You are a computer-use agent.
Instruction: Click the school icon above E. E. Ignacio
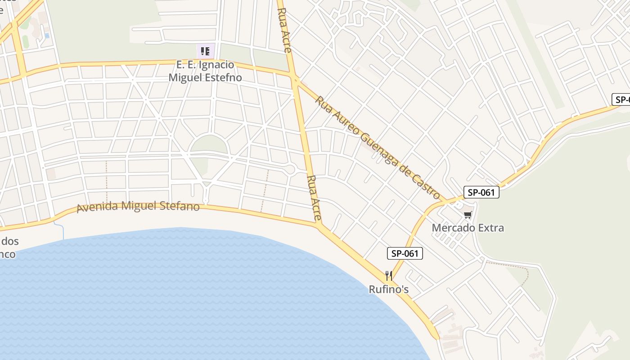click(205, 51)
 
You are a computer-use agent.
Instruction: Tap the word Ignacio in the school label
click(216, 65)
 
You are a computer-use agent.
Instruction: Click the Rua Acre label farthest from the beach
click(284, 30)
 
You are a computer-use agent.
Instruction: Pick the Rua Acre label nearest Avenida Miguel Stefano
click(314, 198)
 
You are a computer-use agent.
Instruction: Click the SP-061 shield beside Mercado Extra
click(481, 193)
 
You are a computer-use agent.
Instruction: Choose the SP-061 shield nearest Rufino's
click(405, 253)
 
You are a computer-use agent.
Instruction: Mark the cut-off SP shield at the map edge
click(622, 99)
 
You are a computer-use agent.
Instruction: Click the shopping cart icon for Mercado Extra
click(468, 215)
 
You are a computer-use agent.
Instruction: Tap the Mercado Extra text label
click(468, 228)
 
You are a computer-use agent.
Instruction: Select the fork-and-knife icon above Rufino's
click(389, 275)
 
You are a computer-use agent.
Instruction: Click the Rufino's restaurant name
click(389, 289)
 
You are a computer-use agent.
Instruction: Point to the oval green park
click(208, 144)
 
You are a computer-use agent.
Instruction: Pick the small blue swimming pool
click(47, 36)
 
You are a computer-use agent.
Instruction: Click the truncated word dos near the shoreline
click(10, 241)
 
